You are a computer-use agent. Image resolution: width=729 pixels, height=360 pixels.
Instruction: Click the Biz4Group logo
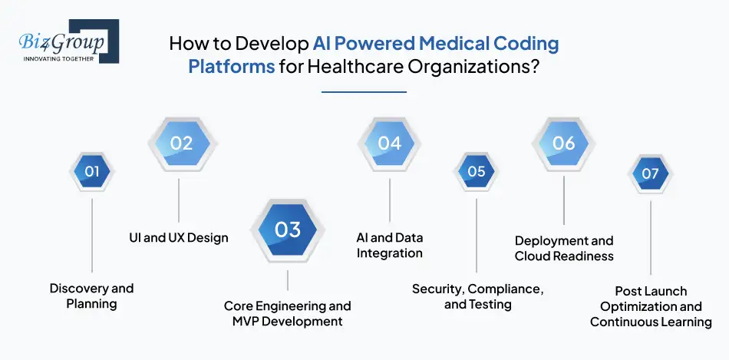[x=64, y=41]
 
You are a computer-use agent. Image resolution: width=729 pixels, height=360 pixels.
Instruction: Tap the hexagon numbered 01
[x=91, y=172]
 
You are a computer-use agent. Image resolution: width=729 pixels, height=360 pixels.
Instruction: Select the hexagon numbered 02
[x=181, y=143]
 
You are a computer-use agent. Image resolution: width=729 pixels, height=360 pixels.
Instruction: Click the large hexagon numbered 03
[x=288, y=229]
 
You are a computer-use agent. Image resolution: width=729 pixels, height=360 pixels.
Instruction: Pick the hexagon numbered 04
[x=389, y=143]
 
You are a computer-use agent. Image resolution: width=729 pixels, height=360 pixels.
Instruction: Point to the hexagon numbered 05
[x=477, y=172]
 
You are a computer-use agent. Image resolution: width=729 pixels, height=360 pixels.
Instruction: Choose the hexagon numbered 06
[x=564, y=143]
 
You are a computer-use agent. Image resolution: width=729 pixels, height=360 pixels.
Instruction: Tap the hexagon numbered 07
[x=650, y=173]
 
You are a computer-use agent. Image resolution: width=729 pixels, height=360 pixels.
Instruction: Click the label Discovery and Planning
[x=91, y=296]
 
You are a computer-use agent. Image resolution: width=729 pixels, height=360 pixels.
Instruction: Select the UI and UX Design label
[x=179, y=238]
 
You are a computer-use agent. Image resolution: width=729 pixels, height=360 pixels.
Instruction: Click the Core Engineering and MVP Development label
[x=288, y=313]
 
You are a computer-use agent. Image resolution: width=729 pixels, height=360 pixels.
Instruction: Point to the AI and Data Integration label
[x=390, y=245]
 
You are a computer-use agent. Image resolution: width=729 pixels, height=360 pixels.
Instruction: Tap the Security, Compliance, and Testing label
[x=477, y=296]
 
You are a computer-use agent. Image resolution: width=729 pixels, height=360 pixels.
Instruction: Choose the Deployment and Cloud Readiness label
[x=564, y=248]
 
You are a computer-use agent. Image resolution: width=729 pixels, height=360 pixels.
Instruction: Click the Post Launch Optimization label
[x=651, y=306]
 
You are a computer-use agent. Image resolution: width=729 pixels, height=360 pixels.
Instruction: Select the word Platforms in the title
[x=232, y=65]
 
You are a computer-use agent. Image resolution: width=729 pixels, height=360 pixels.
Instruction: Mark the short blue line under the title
[x=364, y=92]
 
